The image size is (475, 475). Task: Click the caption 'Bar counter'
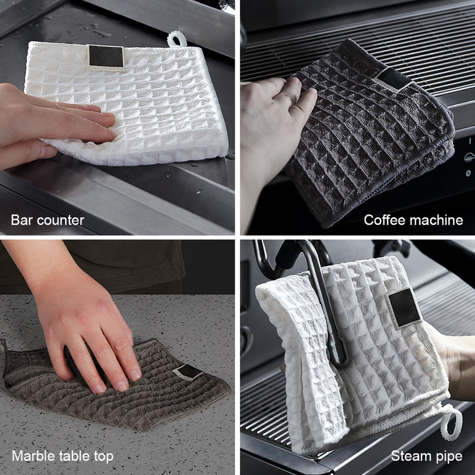(47, 220)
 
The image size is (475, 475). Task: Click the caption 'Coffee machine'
(413, 220)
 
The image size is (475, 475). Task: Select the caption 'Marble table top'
(62, 457)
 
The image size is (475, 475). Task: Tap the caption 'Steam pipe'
(426, 457)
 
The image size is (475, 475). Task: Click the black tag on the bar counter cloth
(107, 57)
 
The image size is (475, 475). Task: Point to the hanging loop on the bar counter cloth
(177, 40)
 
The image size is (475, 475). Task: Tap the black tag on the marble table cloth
(190, 372)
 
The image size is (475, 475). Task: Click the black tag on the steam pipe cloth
(405, 308)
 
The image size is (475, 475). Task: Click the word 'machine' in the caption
(438, 220)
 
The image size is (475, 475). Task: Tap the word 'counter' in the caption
(62, 220)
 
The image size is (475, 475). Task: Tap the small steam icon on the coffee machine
(468, 158)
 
